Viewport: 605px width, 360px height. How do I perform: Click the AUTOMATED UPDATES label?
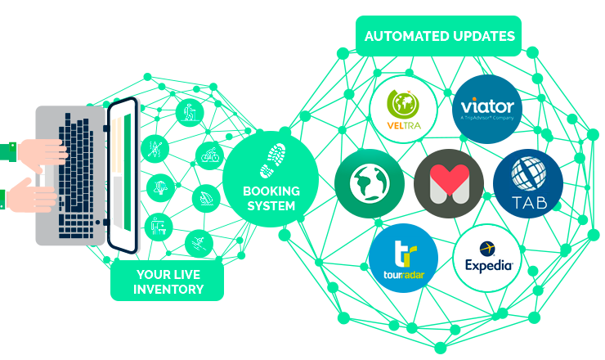click(x=440, y=37)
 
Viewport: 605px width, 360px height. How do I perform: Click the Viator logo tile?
click(x=486, y=109)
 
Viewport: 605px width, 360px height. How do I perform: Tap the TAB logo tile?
click(x=527, y=183)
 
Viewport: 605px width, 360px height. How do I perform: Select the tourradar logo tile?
click(x=403, y=257)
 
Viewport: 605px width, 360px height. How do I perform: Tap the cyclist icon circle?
click(x=210, y=154)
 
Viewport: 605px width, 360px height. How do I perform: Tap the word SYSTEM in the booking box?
click(x=271, y=206)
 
